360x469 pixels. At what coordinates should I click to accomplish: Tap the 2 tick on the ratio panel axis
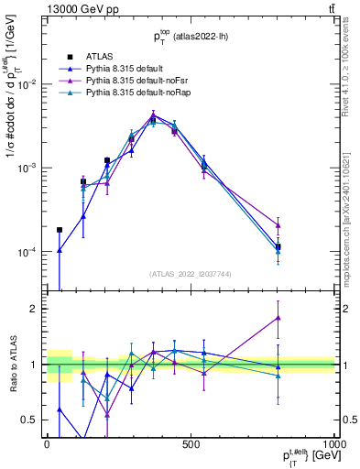35,309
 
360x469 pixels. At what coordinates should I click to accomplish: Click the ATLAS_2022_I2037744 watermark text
190,274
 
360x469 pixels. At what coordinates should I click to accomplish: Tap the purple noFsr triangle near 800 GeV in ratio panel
278,318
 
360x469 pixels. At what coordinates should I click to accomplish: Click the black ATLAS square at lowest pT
60,230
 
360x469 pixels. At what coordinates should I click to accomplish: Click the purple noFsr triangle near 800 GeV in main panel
278,225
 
